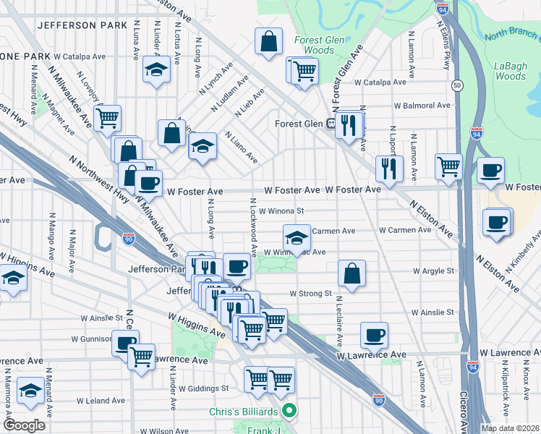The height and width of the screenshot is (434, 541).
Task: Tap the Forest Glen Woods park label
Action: [314, 45]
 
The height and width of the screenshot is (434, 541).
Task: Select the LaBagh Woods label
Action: [511, 71]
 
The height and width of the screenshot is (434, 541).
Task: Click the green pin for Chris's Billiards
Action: [290, 412]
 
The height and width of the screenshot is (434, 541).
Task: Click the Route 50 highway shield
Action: [457, 85]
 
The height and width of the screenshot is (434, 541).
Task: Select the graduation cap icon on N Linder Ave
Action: [156, 71]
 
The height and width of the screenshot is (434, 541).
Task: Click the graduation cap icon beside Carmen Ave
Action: [295, 237]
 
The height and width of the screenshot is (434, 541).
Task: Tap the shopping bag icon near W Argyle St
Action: [352, 273]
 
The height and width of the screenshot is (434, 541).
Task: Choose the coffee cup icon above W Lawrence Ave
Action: [374, 334]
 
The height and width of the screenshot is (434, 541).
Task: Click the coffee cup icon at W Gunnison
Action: [125, 342]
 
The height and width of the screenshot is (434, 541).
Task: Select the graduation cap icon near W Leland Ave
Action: [30, 391]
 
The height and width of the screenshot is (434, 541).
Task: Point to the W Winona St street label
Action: [281, 211]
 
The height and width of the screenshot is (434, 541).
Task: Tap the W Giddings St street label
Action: [204, 388]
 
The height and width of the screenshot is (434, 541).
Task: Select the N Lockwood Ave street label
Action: [254, 227]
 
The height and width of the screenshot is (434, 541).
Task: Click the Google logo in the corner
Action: [24, 425]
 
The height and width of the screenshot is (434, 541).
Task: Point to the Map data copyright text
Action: [511, 428]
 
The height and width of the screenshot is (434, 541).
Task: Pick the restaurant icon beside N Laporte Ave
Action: [389, 169]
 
